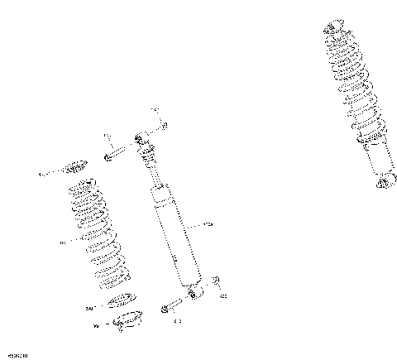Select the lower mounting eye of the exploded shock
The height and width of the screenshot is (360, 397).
(x=194, y=291)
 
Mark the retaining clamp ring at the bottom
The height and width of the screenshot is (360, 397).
(x=127, y=318)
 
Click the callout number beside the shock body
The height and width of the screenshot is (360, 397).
(x=208, y=224)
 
